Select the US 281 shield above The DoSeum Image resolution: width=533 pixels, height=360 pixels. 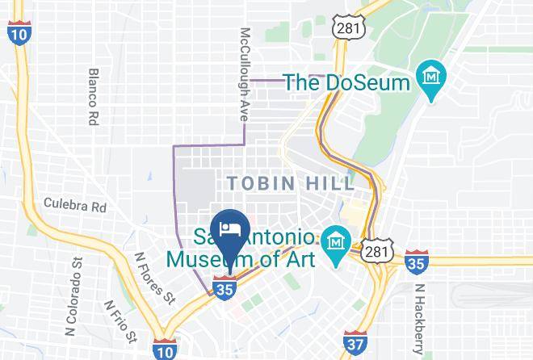click(348, 27)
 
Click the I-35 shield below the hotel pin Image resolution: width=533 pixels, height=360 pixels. click(225, 286)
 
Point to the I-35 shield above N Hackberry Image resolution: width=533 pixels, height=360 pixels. click(417, 259)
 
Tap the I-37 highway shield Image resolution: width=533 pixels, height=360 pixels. click(353, 341)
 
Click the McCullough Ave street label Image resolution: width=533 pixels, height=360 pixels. click(244, 75)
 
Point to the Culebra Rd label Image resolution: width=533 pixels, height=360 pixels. click(75, 205)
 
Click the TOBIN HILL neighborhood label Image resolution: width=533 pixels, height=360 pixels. click(291, 183)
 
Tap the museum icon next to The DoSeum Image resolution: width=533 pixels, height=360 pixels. click(431, 80)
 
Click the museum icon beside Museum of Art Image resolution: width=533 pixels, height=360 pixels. click(334, 241)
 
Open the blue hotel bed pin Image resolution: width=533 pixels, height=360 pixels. click(229, 228)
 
